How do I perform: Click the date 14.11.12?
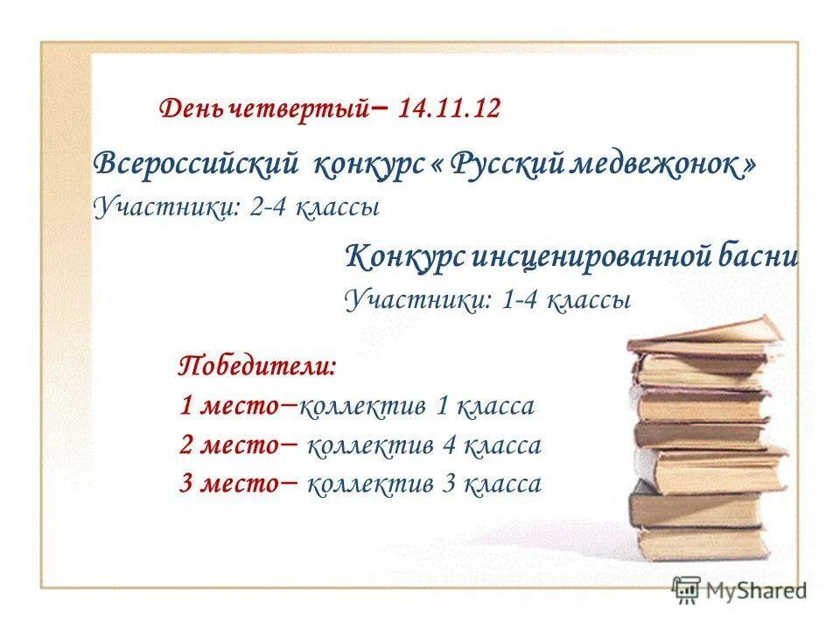(448, 109)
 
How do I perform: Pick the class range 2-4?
(269, 208)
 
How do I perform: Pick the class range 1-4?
(523, 300)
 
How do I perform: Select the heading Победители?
(256, 364)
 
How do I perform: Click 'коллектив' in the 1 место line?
(363, 407)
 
